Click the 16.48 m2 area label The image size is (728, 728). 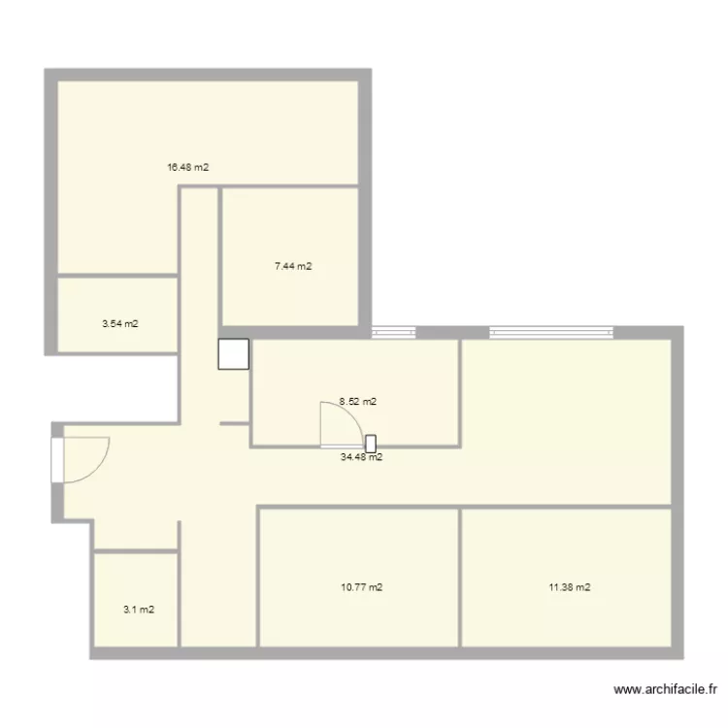(188, 167)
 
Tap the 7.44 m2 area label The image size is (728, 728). (293, 266)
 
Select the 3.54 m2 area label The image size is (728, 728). (120, 323)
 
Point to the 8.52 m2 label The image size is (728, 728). (357, 402)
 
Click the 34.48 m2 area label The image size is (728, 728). (362, 457)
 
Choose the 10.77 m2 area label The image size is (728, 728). (362, 587)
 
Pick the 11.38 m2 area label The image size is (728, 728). (570, 587)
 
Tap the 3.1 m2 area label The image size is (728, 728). (139, 610)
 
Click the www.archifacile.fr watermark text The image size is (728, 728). (665, 689)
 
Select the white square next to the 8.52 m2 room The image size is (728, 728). (234, 354)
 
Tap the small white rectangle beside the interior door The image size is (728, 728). (371, 444)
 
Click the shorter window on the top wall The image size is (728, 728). (393, 332)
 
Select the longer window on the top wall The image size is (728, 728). (551, 332)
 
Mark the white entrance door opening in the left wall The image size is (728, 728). (57, 460)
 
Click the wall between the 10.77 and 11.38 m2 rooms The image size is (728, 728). (460, 577)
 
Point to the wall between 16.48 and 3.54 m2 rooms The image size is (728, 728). (117, 276)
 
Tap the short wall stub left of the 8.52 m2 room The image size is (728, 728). (235, 423)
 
